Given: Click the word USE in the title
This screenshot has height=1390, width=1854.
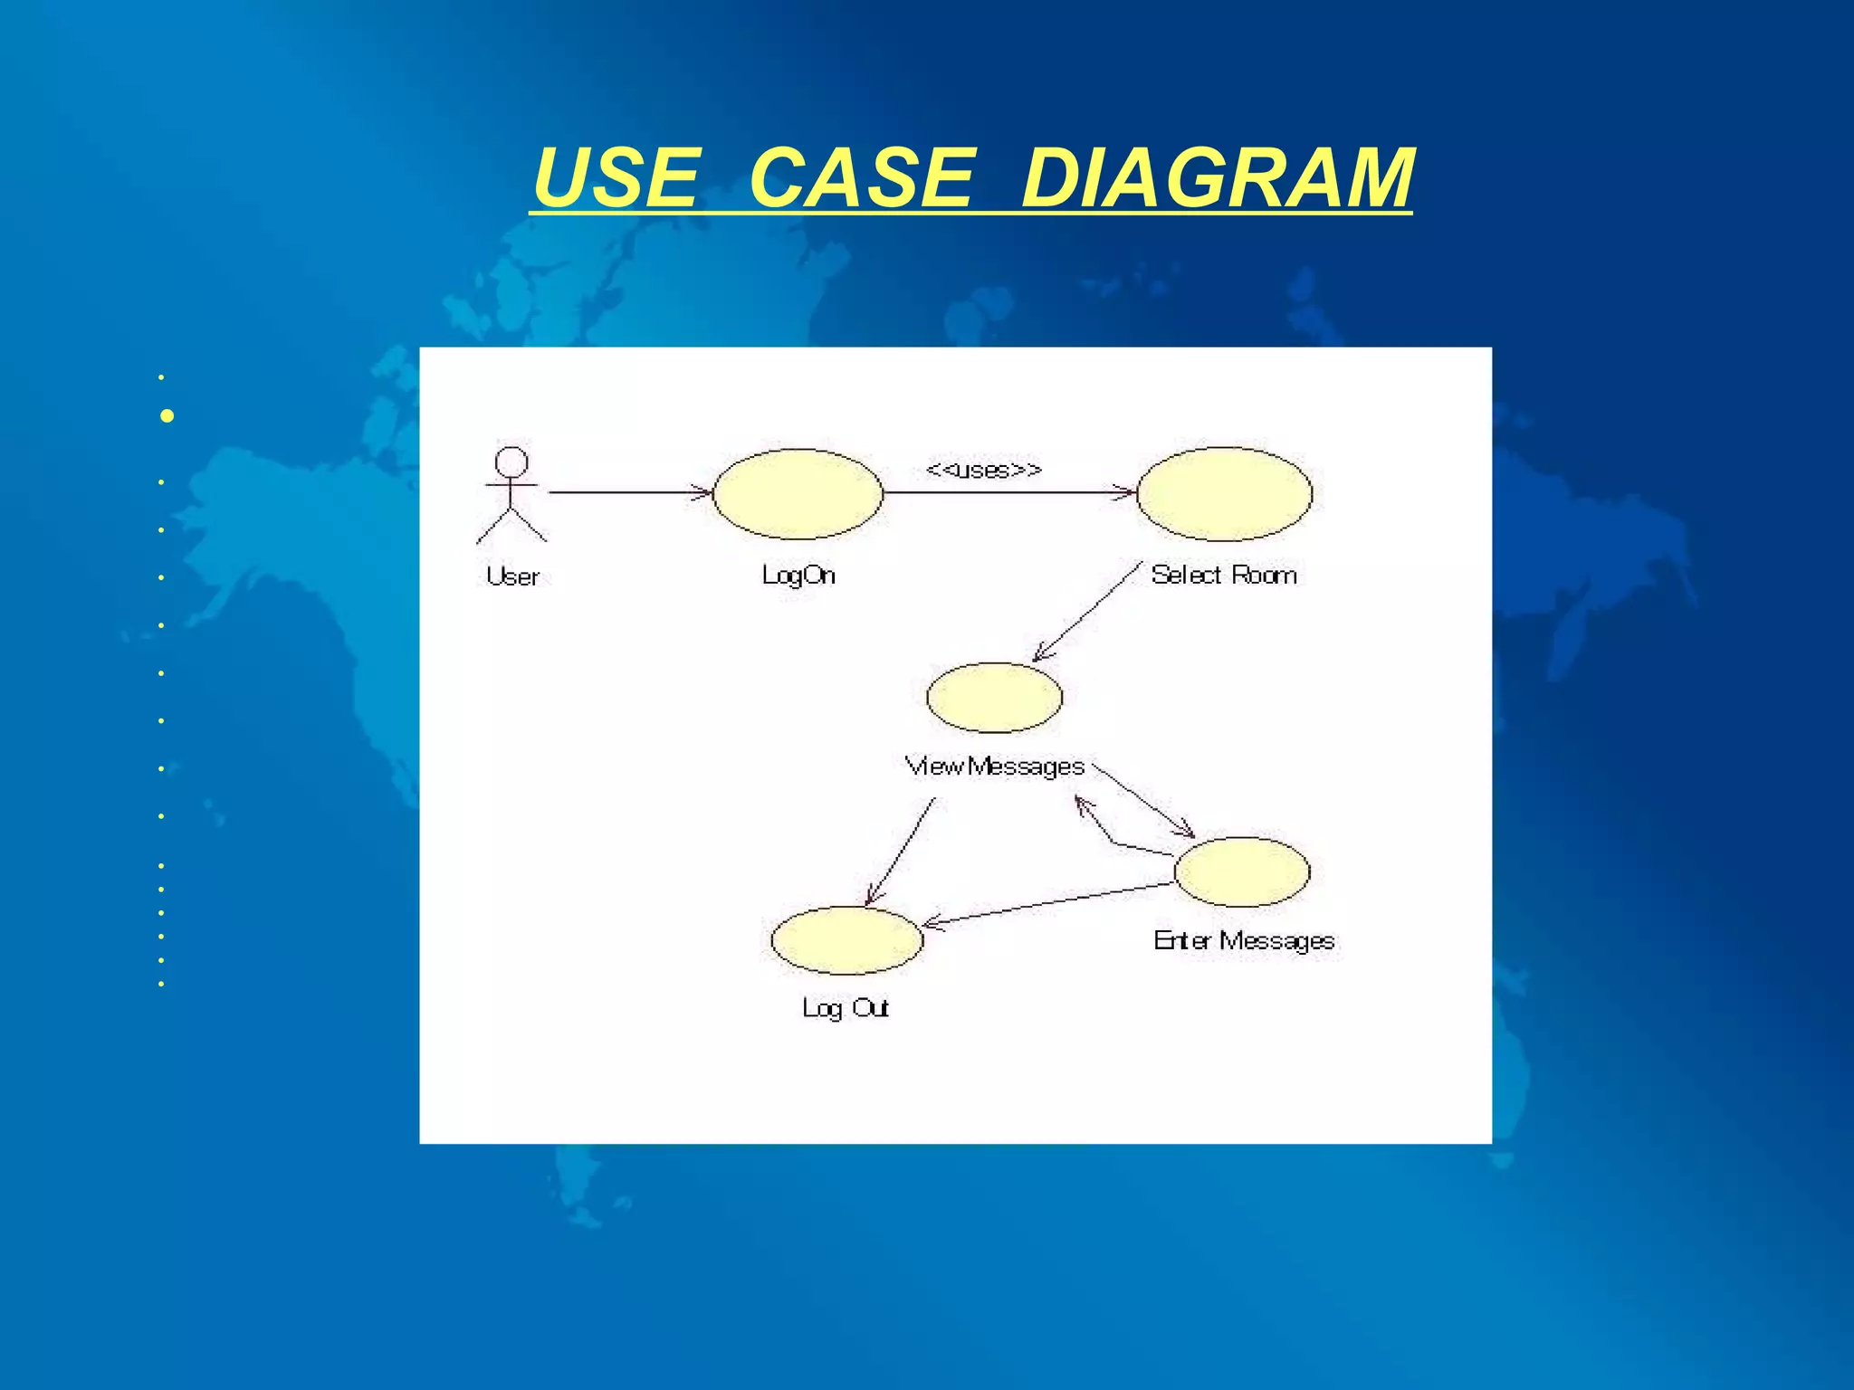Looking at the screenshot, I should pos(616,177).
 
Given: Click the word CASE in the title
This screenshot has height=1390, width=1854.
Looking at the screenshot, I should pos(861,177).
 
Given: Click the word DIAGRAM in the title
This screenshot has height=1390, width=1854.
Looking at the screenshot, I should pos(1217,177).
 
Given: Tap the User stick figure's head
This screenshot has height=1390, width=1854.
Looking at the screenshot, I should pos(511,462).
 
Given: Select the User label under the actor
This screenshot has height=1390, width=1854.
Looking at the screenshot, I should pos(512,576).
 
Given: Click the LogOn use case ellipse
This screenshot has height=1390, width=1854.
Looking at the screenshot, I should pos(798,494).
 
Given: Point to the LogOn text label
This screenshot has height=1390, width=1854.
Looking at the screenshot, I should pos(798,576).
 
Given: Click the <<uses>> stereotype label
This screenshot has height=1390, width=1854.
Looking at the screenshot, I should pos(984,470).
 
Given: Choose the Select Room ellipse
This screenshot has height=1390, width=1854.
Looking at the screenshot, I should pos(1224,494).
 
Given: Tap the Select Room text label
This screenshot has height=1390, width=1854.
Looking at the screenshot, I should pos(1224,575).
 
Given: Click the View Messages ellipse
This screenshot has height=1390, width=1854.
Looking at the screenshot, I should pos(994,697).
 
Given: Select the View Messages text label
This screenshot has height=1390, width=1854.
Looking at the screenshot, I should pos(994,766).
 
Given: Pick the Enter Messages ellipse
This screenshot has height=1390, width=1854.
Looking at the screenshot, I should pos(1241,871).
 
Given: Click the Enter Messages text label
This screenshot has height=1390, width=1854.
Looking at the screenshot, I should pos(1244,941).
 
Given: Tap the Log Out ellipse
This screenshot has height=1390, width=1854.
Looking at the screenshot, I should pos(846,940).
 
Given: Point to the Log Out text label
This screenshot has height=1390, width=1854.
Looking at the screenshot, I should pos(846,1008).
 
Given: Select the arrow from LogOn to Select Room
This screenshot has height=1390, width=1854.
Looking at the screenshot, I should pos(1008,492).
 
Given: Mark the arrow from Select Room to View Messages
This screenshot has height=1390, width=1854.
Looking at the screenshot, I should pos(1086,611).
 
